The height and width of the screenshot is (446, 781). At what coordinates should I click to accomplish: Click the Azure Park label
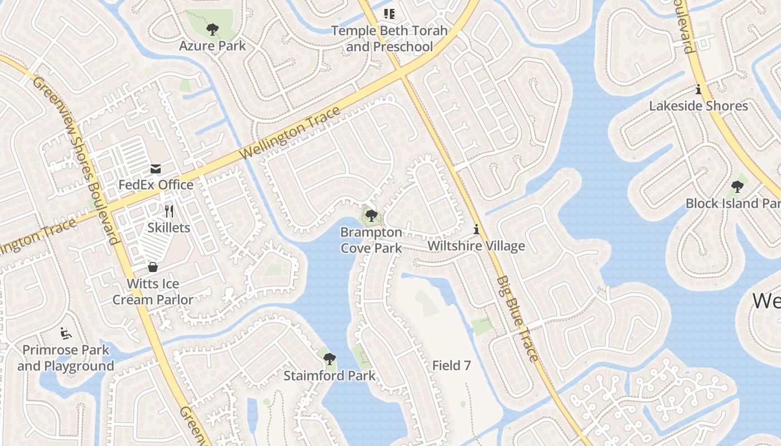212,46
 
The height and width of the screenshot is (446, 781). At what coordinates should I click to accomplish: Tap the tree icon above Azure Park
212,29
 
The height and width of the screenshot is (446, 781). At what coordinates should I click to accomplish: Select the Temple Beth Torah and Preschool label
389,38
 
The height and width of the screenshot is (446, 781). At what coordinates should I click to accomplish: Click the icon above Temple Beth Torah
389,13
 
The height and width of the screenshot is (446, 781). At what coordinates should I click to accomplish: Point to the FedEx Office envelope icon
155,168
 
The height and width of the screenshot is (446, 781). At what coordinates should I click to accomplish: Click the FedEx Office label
156,185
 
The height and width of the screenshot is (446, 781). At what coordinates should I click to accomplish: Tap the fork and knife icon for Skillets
169,211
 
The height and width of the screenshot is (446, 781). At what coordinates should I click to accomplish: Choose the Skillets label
168,227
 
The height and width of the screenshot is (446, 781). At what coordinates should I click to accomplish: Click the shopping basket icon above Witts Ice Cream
152,268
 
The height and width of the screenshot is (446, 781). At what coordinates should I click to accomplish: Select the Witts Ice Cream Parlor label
153,292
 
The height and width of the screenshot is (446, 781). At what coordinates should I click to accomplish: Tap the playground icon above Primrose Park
65,333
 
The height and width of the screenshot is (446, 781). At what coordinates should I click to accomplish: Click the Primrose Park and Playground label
65,358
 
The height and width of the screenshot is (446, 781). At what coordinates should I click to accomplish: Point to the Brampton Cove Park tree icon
371,216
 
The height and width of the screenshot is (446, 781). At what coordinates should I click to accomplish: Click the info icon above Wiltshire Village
476,229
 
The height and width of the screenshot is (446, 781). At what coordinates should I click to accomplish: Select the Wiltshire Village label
476,246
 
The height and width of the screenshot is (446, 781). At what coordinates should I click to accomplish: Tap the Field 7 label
451,366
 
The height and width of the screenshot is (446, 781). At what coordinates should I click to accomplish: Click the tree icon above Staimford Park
329,358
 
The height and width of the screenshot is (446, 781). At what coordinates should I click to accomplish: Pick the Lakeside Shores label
698,106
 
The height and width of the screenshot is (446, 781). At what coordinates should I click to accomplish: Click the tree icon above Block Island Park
737,187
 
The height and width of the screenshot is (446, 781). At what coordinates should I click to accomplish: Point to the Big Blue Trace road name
518,318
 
